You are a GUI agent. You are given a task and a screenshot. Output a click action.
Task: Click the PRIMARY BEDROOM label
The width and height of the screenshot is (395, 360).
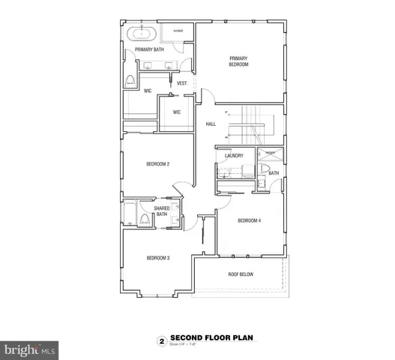tap(238, 61)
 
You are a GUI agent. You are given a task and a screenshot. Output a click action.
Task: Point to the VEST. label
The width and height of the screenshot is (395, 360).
tap(181, 83)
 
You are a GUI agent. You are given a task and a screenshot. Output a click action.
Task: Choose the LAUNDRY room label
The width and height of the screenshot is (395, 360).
tap(235, 155)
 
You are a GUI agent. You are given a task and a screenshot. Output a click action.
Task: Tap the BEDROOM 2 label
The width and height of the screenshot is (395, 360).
tap(157, 163)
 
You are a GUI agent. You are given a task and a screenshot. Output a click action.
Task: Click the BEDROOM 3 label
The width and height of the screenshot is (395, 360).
tap(157, 258)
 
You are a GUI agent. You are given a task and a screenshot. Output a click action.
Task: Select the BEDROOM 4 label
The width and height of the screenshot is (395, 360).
tap(250, 220)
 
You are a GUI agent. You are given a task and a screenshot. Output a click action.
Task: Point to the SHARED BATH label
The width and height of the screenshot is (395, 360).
tap(162, 211)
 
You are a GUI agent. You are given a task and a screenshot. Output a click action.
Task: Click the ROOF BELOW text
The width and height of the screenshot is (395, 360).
tap(241, 274)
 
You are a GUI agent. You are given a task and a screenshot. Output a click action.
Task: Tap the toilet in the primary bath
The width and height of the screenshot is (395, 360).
tap(130, 81)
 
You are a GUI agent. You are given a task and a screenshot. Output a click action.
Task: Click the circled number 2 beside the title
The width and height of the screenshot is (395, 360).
tap(160, 339)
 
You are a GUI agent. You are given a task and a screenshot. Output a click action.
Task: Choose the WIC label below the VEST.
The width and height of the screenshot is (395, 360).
tap(177, 112)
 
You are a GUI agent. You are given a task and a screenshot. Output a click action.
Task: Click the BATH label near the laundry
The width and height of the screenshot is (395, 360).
tap(274, 173)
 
